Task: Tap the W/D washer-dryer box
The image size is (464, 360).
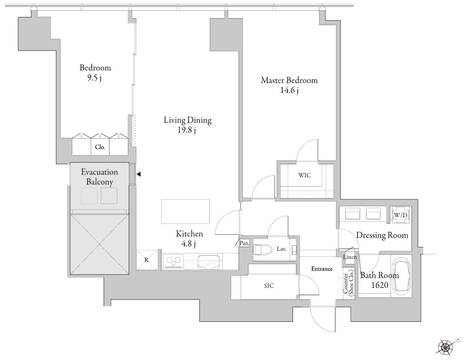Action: [x=400, y=214]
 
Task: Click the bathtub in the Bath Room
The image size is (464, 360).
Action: [x=401, y=275]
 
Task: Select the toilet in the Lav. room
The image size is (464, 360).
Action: [x=262, y=250]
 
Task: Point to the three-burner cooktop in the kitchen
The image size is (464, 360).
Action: [x=173, y=261]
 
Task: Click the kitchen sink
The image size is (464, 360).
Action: [x=208, y=262]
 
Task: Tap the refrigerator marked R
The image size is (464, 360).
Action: [x=147, y=260]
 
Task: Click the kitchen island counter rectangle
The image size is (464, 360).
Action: [x=185, y=212]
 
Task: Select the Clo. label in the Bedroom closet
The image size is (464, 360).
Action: [x=100, y=147]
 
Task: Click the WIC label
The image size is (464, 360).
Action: [x=304, y=175]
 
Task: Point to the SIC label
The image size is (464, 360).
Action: [x=269, y=286]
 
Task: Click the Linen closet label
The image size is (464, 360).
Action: [x=350, y=257]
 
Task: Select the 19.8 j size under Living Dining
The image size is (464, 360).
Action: [x=187, y=130]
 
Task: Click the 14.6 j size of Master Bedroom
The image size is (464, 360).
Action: [x=289, y=90]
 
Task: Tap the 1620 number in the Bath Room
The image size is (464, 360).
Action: [x=380, y=285]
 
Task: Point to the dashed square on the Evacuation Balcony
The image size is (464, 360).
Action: [x=89, y=196]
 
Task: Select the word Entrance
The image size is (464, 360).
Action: [x=322, y=269]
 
